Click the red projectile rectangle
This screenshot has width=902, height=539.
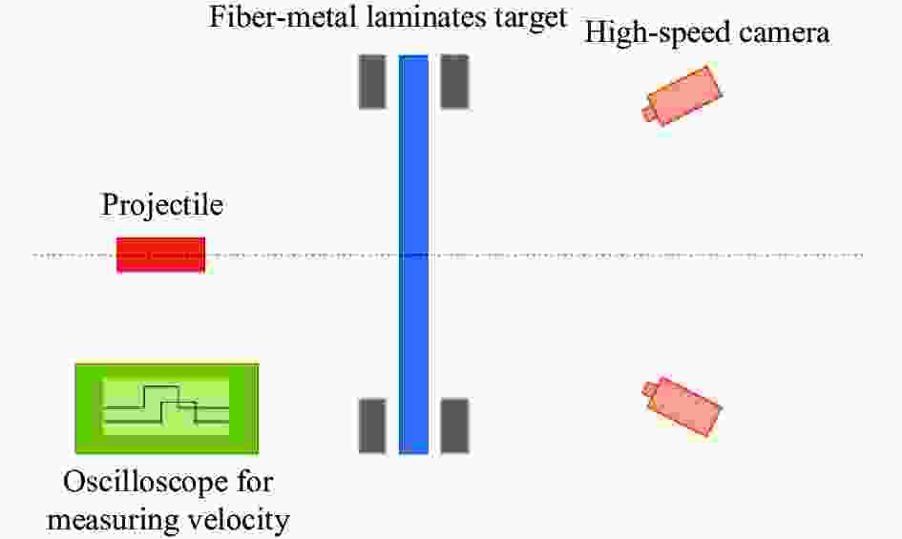161,255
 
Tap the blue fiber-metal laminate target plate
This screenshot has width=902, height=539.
413,255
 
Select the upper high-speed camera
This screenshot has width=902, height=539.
682,95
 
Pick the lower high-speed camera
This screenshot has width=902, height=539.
682,406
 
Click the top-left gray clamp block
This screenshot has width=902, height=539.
372,82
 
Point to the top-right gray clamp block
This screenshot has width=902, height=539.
454,82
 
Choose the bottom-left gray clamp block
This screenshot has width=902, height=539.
372,425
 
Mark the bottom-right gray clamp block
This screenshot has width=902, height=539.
454,425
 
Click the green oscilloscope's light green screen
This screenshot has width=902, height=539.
166,406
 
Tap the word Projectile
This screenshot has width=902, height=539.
162,205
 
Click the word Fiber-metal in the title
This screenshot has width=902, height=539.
284,16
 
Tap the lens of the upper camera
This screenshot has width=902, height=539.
649,114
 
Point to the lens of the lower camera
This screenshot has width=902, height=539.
649,389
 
